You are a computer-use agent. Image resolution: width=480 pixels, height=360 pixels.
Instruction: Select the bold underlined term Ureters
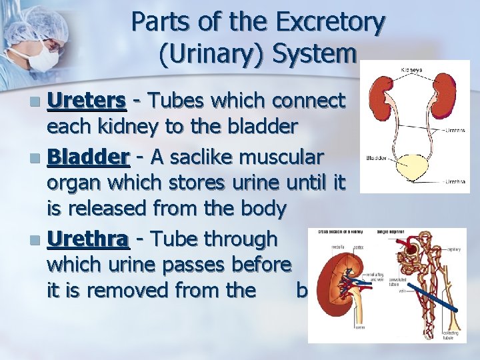pyautogui.click(x=87, y=101)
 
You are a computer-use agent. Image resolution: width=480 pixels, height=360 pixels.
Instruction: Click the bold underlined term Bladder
pyautogui.click(x=88, y=157)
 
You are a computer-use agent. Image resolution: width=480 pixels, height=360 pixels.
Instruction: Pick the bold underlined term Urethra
pyautogui.click(x=87, y=238)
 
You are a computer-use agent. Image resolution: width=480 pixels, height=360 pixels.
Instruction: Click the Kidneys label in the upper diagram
pyautogui.click(x=411, y=69)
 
